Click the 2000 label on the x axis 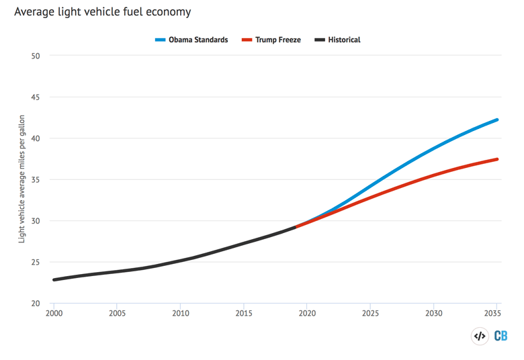click(54, 313)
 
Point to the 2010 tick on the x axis click(181, 313)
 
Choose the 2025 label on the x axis click(371, 313)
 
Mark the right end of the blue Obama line click(497, 120)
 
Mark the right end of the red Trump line click(497, 159)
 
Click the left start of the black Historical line click(54, 279)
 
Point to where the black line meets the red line click(295, 227)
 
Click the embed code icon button click(480, 336)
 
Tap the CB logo click(500, 336)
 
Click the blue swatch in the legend click(160, 40)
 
